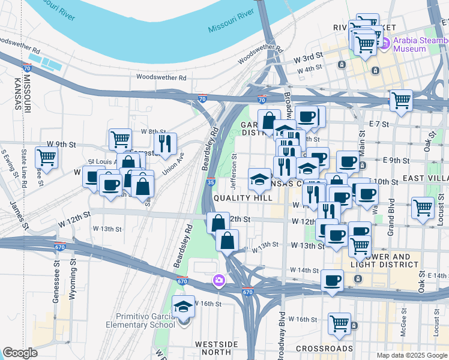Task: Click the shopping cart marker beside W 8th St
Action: click(121, 139)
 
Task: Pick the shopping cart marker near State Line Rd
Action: click(46, 158)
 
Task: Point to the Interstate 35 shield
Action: click(210, 182)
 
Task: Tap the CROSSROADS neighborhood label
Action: click(325, 349)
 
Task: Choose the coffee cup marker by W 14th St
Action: click(332, 280)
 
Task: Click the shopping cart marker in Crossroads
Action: click(339, 323)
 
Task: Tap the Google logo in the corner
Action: click(20, 353)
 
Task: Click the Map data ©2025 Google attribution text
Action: click(411, 355)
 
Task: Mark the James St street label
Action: click(19, 215)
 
